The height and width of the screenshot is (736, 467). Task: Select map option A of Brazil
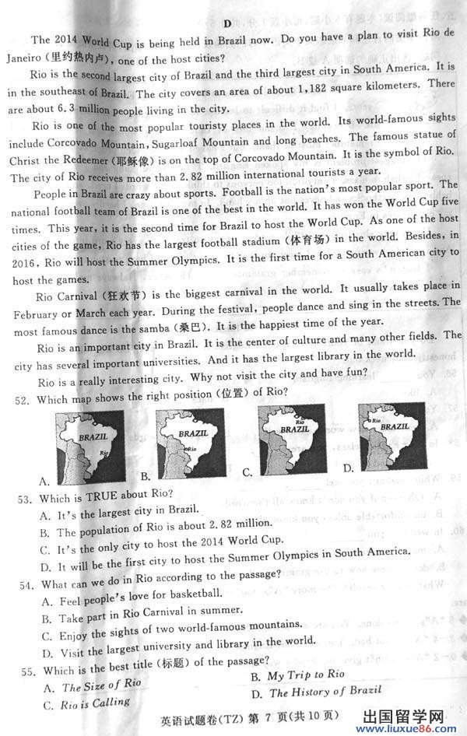click(90, 447)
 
